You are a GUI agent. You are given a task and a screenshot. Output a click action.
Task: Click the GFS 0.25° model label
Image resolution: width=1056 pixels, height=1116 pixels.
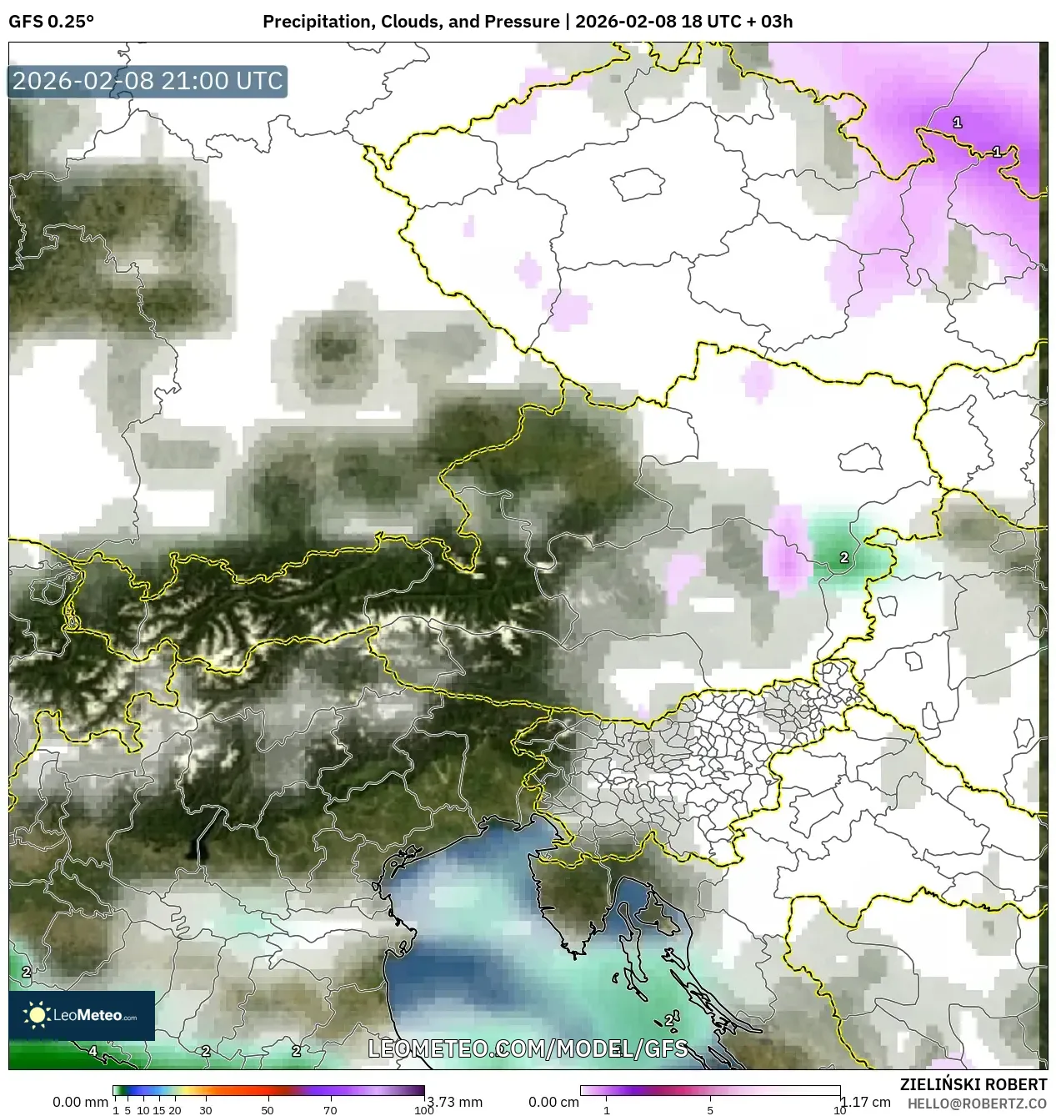click(51, 22)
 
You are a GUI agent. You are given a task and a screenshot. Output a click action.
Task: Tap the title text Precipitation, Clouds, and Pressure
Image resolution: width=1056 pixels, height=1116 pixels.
click(411, 22)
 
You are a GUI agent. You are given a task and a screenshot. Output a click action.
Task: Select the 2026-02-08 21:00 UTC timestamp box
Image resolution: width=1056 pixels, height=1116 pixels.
click(148, 81)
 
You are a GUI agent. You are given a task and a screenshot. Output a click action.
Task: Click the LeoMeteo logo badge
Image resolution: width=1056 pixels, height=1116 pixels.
click(82, 1015)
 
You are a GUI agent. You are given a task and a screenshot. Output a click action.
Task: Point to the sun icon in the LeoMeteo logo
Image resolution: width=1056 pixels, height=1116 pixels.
click(37, 1015)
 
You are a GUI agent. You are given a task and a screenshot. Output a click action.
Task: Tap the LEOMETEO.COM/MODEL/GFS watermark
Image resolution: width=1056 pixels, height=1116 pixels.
click(528, 1048)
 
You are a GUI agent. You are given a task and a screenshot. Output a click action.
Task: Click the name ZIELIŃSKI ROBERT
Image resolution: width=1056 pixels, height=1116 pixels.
click(973, 1084)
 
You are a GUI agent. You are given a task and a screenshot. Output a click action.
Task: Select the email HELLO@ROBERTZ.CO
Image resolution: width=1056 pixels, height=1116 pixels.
click(977, 1103)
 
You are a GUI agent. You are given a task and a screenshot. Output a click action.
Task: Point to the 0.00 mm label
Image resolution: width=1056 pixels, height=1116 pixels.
click(80, 1102)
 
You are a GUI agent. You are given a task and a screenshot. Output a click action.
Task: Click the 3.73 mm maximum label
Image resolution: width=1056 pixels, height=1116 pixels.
click(453, 1102)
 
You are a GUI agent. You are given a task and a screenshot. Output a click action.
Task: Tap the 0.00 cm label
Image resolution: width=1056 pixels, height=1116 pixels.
click(553, 1102)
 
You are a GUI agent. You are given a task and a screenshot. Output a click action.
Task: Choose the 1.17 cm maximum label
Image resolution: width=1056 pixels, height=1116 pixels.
click(866, 1102)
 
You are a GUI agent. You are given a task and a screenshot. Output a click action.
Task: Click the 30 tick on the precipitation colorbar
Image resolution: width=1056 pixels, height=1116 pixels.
click(206, 1110)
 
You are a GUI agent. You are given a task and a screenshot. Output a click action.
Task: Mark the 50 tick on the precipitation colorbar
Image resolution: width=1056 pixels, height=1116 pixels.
click(268, 1110)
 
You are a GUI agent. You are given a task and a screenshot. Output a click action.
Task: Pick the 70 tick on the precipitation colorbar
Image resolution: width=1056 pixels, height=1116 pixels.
click(330, 1110)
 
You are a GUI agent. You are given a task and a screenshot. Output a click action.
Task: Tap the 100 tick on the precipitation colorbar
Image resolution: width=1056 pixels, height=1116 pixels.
click(423, 1110)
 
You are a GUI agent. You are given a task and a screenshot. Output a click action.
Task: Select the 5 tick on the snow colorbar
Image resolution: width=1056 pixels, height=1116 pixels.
click(710, 1110)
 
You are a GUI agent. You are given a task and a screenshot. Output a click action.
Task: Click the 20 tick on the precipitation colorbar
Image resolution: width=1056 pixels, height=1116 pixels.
click(175, 1110)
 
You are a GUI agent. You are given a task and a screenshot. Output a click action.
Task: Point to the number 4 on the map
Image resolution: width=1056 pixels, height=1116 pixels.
click(93, 1051)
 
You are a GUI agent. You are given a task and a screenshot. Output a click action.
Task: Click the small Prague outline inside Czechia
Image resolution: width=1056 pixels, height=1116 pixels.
click(637, 183)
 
